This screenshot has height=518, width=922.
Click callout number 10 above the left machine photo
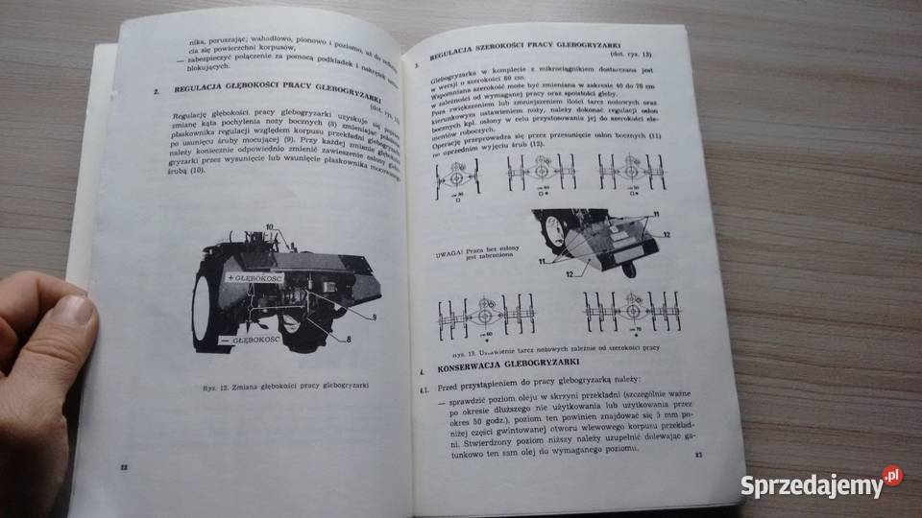pyautogui.click(x=272, y=226)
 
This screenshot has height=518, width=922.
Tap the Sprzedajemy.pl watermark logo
pyautogui.click(x=821, y=483)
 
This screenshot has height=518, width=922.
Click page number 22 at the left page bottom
pyautogui.click(x=122, y=466)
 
